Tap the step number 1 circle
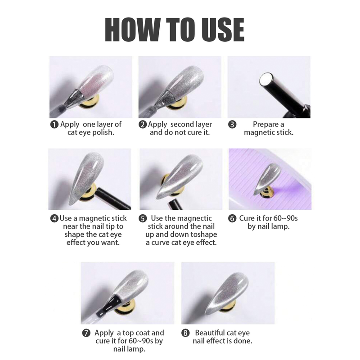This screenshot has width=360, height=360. [x=54, y=125]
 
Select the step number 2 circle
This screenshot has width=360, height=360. [x=143, y=125]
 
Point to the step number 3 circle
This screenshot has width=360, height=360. [x=232, y=125]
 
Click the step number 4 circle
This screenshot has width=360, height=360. [x=54, y=218]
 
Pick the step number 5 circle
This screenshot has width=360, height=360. [x=143, y=218]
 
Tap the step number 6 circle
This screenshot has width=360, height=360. [x=232, y=218]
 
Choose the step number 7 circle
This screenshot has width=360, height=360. [x=86, y=333]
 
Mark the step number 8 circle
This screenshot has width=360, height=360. [x=185, y=333]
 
